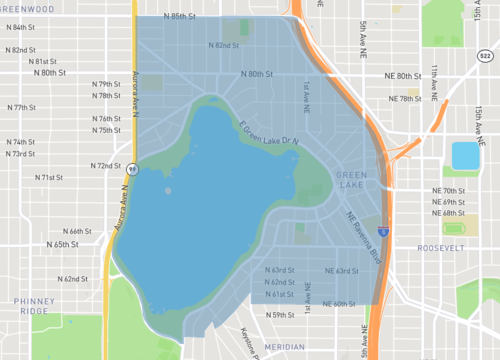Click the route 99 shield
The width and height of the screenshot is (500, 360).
tap(132, 168)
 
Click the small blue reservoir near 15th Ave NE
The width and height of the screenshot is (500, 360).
tap(465, 156)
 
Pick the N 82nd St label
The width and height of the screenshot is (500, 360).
tap(222, 46)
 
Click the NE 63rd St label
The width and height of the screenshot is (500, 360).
tap(341, 271)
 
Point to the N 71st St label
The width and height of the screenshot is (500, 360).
tap(49, 177)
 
